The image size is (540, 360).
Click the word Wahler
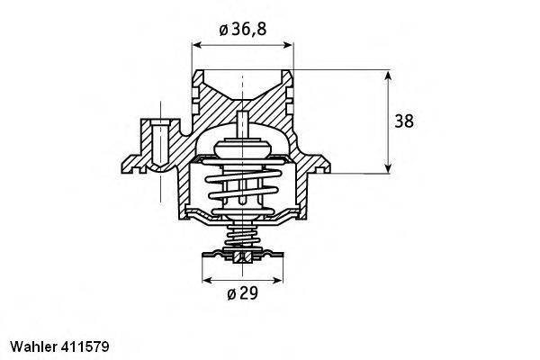coord(32,345)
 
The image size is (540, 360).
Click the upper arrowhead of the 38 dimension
coord(388,76)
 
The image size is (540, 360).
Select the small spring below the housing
coord(240,238)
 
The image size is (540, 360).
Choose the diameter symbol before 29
coord(230,293)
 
